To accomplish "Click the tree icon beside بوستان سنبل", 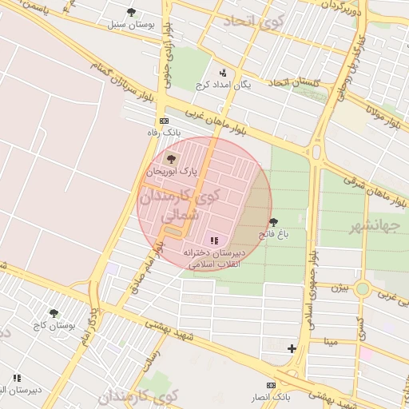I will [x=131, y=12].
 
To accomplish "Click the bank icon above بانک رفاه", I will [x=164, y=121].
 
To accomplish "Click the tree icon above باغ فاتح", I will [x=273, y=222].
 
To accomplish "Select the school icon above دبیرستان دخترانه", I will [x=213, y=240].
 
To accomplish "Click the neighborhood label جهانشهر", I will [x=373, y=227].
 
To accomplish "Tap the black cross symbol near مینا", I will [x=292, y=348].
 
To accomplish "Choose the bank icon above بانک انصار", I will [x=271, y=385].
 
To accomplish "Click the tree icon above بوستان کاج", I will [x=54, y=313].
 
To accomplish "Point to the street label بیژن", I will [x=340, y=286].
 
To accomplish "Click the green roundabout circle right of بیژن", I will [x=363, y=288].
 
